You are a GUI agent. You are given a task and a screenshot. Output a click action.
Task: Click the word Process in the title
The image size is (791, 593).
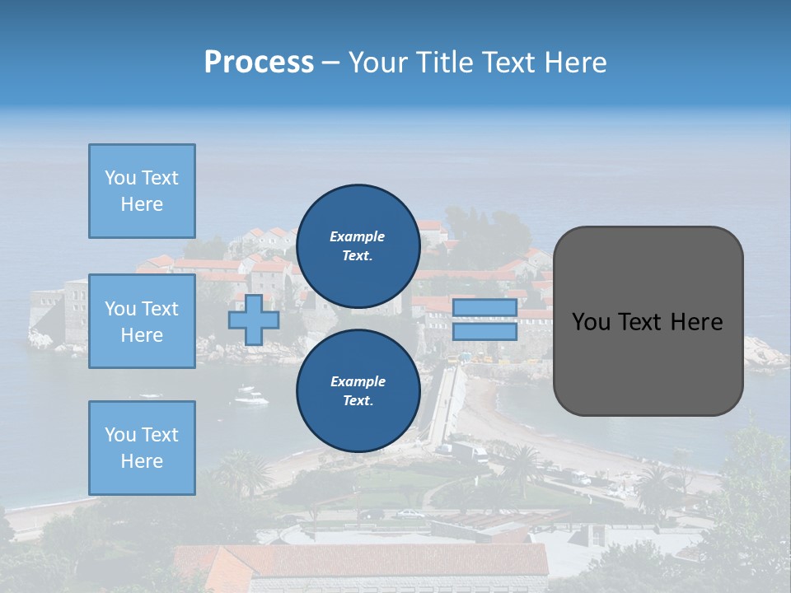pos(259,63)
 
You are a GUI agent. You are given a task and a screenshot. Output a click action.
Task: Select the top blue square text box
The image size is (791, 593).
pos(142,191)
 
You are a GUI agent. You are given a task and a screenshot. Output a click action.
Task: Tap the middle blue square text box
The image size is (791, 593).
pos(142,321)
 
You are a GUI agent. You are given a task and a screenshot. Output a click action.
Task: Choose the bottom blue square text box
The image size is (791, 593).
pos(142,447)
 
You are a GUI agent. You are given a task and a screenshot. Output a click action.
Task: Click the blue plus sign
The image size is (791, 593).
pos(254,320)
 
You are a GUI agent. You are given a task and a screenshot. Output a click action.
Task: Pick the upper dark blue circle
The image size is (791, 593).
pos(358,245)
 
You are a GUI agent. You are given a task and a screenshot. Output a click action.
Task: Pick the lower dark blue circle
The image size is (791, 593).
pos(358,390)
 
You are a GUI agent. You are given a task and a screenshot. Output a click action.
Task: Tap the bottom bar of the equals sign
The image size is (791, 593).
pos(484,332)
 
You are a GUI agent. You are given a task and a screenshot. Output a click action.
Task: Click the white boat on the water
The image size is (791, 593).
pos(250,399)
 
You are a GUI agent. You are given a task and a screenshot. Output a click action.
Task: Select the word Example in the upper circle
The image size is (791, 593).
pos(358,236)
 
